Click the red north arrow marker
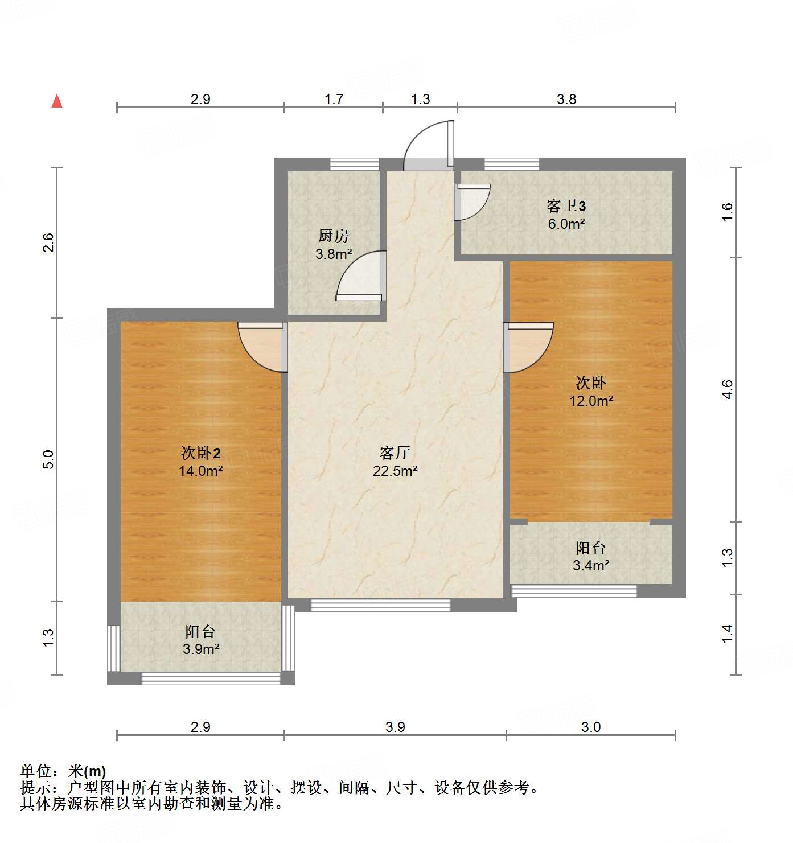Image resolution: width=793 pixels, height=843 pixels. (57, 101)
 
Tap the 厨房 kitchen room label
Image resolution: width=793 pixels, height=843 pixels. (333, 236)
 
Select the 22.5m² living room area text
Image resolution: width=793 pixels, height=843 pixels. (395, 471)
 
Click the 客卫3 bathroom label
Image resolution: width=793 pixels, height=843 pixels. (566, 205)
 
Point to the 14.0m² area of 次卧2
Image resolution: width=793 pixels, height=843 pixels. (200, 471)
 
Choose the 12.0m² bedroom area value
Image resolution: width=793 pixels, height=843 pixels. (591, 401)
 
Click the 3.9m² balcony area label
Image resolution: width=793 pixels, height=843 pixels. (201, 649)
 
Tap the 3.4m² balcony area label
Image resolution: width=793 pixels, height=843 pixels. (591, 566)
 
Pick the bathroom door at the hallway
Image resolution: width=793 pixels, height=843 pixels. (471, 202)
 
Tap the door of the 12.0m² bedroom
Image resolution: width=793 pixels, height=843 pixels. (527, 347)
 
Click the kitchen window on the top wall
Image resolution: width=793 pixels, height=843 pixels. (355, 164)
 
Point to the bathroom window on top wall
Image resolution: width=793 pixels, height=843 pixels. (511, 164)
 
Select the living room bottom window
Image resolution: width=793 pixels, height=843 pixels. (380, 605)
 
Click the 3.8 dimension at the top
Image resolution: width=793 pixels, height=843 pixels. (566, 100)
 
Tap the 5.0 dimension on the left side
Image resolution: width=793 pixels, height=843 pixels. (49, 459)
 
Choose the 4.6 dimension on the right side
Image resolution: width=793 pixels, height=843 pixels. (728, 389)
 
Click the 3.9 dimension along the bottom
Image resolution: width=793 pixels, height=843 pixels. (395, 727)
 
